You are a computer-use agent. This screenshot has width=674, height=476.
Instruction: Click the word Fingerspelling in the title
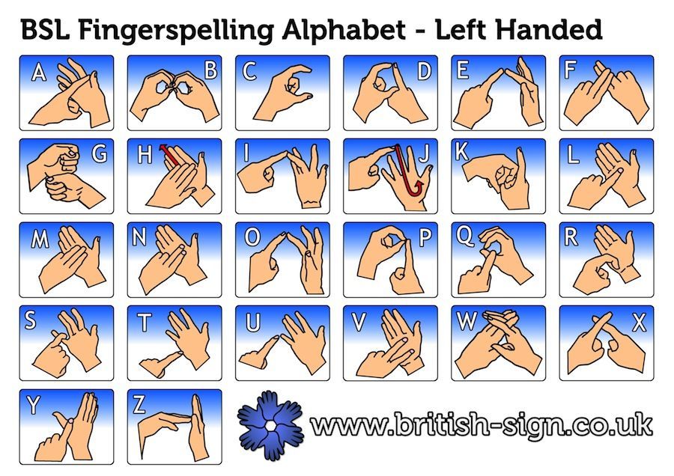point(176,31)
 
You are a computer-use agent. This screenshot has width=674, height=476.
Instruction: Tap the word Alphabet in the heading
point(344,30)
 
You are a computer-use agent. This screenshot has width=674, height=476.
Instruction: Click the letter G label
point(100,153)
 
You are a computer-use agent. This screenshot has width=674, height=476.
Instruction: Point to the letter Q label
point(464,237)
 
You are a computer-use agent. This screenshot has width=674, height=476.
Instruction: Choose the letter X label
point(639,323)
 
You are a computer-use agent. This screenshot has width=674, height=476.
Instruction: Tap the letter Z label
point(139,404)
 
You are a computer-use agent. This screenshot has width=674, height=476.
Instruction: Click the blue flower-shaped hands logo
point(270,424)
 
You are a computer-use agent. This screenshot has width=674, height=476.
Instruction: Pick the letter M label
point(40,239)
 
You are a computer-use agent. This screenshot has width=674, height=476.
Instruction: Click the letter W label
point(467,321)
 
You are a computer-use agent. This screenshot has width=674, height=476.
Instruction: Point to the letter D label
point(424,71)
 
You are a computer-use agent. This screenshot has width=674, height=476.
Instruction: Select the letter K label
point(461,151)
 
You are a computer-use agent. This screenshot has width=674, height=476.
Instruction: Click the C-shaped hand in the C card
point(283,93)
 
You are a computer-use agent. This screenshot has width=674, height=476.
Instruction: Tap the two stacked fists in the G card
point(64,175)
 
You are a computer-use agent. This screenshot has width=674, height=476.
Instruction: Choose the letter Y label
point(33,405)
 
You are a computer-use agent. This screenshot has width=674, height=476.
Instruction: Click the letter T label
point(144,323)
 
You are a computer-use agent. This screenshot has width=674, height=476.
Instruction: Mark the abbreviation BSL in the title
point(45,30)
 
